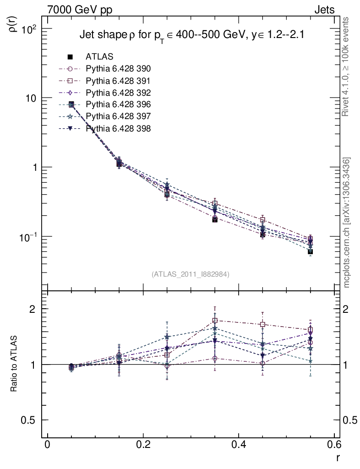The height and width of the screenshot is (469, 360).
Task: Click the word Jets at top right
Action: pyautogui.click(x=324, y=10)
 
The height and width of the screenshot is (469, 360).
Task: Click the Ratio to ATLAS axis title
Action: pyautogui.click(x=15, y=364)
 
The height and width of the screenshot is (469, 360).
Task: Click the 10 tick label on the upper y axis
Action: pyautogui.click(x=32, y=98)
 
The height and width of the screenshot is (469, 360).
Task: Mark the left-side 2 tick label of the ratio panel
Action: pyautogui.click(x=33, y=309)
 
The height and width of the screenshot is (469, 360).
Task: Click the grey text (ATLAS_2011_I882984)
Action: pyautogui.click(x=191, y=274)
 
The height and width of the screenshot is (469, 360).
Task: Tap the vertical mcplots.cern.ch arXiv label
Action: pyautogui.click(x=348, y=223)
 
